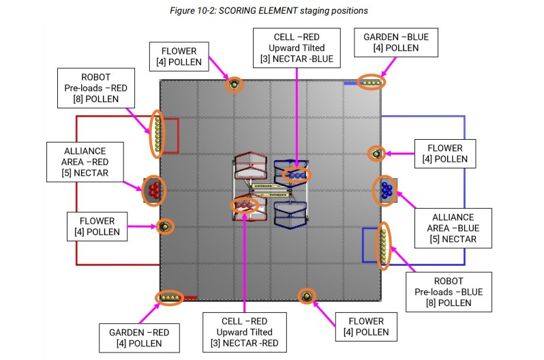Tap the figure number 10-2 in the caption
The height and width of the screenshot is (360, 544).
pyautogui.click(x=206, y=11)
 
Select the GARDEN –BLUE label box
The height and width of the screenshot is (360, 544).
pyautogui.click(x=396, y=43)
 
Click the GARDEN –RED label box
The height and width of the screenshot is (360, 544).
pyautogui.click(x=139, y=338)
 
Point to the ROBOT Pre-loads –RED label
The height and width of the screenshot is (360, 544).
pyautogui.click(x=95, y=88)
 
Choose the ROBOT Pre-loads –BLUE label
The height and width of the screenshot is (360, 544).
pyautogui.click(x=449, y=292)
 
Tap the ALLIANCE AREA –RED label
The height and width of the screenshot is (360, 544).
pyautogui.click(x=85, y=162)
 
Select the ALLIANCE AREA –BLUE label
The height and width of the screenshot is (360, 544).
pyautogui.click(x=453, y=228)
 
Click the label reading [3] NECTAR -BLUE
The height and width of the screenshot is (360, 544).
pyautogui.click(x=297, y=59)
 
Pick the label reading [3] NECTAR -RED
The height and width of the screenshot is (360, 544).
pyautogui.click(x=245, y=344)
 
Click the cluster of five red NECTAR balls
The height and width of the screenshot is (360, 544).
pyautogui.click(x=154, y=190)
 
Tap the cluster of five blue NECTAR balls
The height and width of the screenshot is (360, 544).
pyautogui.click(x=387, y=190)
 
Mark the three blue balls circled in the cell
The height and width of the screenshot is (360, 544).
pyautogui.click(x=297, y=175)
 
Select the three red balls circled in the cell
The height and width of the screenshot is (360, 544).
pyautogui.click(x=244, y=205)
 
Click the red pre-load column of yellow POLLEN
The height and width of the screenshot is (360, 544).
pyautogui.click(x=157, y=134)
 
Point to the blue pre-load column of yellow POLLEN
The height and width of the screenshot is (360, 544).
pyautogui.click(x=384, y=245)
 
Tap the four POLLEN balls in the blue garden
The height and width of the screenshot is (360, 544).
pyautogui.click(x=372, y=83)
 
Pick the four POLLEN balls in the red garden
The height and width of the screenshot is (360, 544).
pyautogui.click(x=170, y=298)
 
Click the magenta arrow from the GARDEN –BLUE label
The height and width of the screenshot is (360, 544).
pyautogui.click(x=389, y=67)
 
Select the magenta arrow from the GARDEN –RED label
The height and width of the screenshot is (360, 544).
pyautogui.click(x=149, y=314)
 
